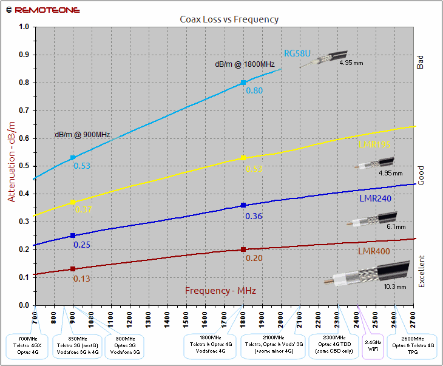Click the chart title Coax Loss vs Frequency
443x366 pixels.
coord(229,19)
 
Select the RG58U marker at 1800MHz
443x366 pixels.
coord(243,83)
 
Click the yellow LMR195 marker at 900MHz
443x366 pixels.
coord(73,202)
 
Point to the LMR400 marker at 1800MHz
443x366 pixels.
coord(243,249)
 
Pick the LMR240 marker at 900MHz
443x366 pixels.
coord(73,236)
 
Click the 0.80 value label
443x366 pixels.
coord(254,90)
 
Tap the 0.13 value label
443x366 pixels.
coord(82,279)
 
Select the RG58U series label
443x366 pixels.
coord(297,53)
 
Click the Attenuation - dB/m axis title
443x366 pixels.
coord(11,161)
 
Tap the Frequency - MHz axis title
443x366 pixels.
coord(220,291)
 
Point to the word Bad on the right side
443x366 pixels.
coord(421,62)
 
